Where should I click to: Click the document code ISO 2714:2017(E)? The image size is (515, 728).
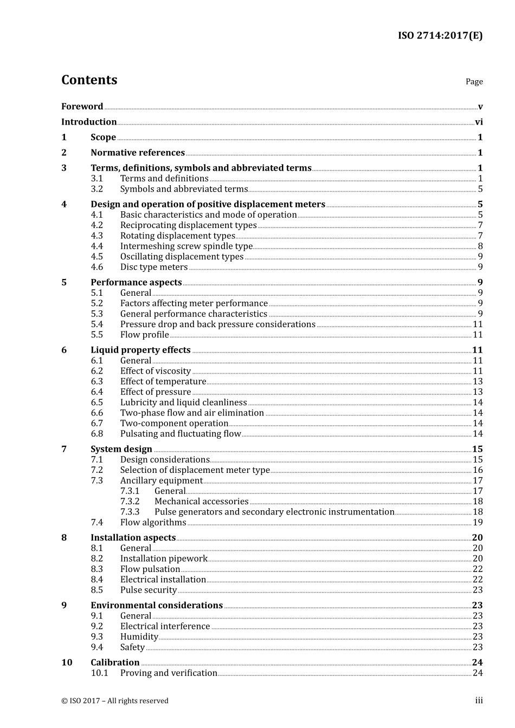[x=440, y=36]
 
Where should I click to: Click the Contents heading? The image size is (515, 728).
[x=89, y=80]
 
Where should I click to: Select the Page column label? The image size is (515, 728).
[x=474, y=81]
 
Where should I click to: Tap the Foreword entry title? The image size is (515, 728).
[x=82, y=106]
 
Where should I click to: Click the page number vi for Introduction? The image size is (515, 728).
[x=479, y=122]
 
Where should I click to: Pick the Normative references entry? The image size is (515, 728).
[x=138, y=153]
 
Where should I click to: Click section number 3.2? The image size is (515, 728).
[x=96, y=189]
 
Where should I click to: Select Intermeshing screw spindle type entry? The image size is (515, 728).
[x=186, y=246]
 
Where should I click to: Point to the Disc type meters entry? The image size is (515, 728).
[x=154, y=267]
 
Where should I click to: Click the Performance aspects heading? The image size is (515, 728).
[x=136, y=282]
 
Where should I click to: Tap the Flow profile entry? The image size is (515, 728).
[x=144, y=335]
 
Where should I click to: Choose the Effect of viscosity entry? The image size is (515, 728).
[x=156, y=371]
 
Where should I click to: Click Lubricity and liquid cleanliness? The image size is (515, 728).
[x=183, y=402]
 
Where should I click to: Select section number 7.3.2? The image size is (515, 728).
[x=130, y=502]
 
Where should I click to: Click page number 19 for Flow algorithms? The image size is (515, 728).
[x=478, y=522]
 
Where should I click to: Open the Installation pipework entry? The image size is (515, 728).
[x=164, y=558]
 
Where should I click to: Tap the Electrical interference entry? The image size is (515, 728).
[x=165, y=626]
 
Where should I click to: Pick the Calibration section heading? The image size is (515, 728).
[x=115, y=662]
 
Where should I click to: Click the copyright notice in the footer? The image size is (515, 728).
[x=115, y=700]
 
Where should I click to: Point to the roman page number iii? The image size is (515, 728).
[x=479, y=700]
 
